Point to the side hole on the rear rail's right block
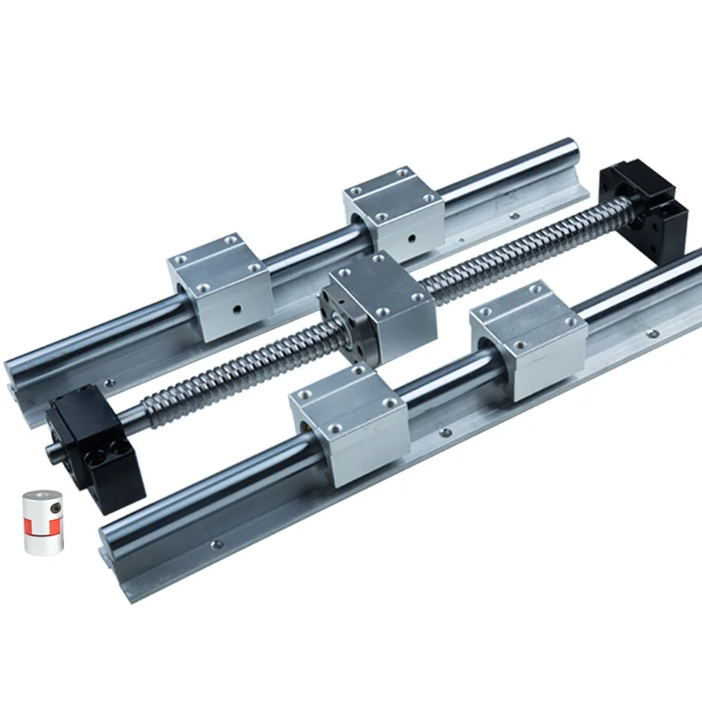click(412, 234)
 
